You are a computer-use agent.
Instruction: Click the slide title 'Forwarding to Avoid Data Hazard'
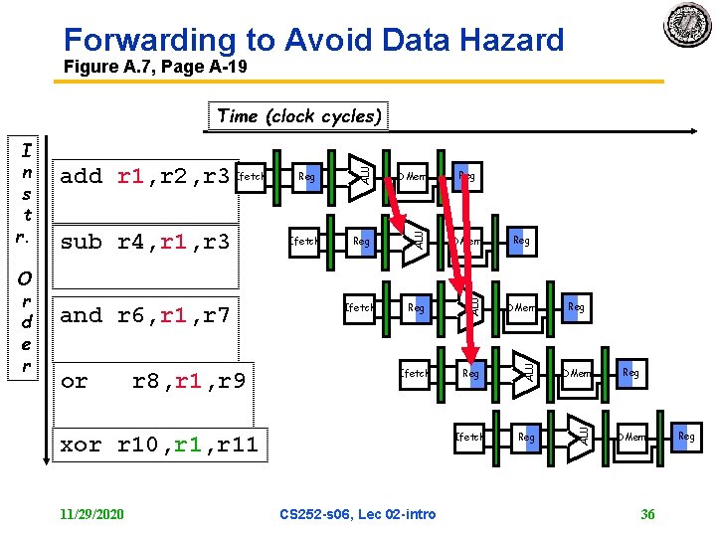[313, 40]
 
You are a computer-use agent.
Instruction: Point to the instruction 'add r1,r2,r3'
[145, 177]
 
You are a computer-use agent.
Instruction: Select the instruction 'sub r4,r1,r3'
[145, 242]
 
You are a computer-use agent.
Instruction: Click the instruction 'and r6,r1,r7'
[145, 316]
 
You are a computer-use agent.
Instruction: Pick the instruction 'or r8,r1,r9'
[153, 381]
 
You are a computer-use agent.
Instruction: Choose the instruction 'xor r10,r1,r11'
[159, 446]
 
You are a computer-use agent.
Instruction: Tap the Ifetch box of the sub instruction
[303, 242]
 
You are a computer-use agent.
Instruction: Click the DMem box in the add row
[412, 177]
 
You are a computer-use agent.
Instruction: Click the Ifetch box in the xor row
[468, 437]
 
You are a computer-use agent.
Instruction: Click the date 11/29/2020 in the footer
[91, 514]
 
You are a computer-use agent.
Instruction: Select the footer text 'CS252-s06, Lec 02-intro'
[357, 514]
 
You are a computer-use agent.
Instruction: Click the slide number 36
[647, 514]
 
